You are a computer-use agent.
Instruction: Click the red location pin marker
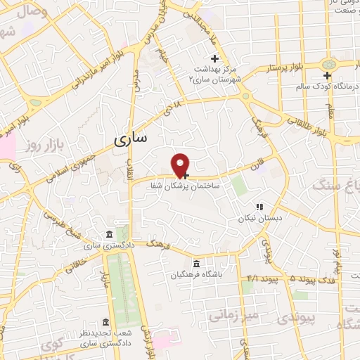click(x=181, y=165)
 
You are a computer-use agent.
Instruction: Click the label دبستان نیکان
click(x=259, y=218)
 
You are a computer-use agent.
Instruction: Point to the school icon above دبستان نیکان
click(x=259, y=207)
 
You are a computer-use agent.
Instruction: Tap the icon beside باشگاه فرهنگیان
click(x=175, y=264)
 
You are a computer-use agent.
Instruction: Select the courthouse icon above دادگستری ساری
click(x=108, y=235)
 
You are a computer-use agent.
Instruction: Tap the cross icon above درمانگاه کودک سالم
click(x=327, y=75)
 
